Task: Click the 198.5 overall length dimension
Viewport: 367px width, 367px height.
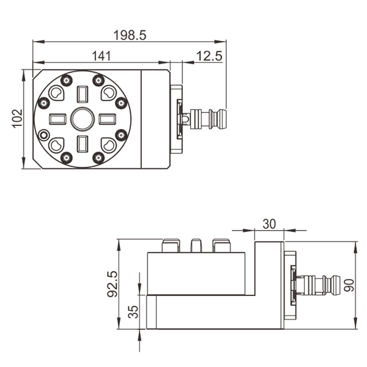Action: click(130, 35)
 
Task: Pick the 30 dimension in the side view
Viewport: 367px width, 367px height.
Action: click(269, 224)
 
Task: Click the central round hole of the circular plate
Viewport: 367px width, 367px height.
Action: click(81, 119)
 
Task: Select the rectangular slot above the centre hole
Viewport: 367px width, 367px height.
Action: click(81, 94)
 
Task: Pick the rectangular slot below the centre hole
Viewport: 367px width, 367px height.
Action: click(81, 144)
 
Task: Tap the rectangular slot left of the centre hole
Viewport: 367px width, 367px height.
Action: click(56, 119)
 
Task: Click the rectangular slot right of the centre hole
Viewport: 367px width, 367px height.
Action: click(106, 119)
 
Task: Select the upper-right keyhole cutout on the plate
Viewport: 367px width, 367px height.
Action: click(108, 93)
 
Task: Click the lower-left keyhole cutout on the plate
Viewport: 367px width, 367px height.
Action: click(56, 144)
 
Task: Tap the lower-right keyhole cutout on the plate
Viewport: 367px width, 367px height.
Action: click(108, 145)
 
